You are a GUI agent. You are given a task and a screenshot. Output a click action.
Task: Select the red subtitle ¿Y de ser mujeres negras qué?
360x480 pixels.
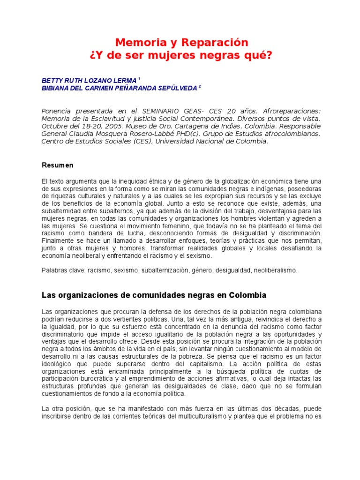(180, 56)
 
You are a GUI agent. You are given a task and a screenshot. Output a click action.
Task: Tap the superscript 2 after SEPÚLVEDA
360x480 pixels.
(200, 86)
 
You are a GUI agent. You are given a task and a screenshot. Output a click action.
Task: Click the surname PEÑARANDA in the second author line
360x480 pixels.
(126, 88)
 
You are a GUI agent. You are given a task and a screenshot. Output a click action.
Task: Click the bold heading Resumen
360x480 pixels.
(57, 165)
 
